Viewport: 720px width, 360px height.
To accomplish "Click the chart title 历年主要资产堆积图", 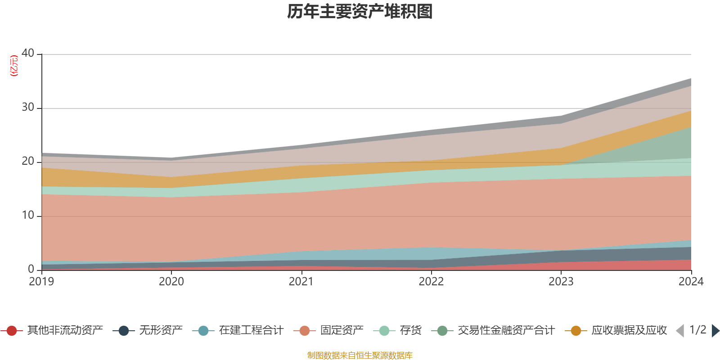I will [360, 12].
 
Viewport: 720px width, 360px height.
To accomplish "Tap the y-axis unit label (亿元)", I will [14, 66].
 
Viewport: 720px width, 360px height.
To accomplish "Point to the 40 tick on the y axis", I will [28, 53].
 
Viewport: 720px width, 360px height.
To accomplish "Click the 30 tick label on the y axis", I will [28, 107].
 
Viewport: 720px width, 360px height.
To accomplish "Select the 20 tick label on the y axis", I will [28, 161].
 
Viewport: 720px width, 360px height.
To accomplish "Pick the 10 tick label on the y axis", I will [28, 215].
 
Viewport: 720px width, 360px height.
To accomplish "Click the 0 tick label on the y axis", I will [31, 269].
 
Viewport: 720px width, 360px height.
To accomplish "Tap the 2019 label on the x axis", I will [41, 281].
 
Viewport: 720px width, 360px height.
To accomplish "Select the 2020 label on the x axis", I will [171, 281].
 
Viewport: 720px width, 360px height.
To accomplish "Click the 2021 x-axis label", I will [301, 281].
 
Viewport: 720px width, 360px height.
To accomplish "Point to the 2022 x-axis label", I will [431, 281].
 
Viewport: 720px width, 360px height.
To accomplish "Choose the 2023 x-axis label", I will [561, 281].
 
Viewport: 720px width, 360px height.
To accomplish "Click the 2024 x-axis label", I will [691, 281].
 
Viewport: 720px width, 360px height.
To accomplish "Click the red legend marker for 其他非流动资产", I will [12, 331].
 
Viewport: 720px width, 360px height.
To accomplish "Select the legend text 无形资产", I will [161, 331].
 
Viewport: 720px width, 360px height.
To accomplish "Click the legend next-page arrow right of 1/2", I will [715, 331].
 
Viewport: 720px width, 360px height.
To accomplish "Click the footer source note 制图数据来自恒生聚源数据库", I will [360, 355].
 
